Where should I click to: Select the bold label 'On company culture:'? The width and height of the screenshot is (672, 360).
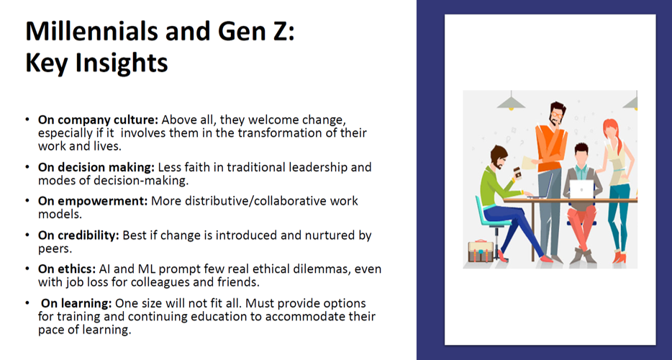pos(98,120)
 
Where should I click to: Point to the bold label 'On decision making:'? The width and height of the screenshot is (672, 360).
pos(96,167)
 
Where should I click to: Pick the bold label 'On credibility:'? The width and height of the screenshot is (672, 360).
pos(78,235)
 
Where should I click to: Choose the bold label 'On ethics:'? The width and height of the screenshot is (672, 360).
pos(67,269)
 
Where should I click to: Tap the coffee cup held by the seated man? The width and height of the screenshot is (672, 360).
pos(517,173)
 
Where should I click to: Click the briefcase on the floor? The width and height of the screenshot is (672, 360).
pos(481,251)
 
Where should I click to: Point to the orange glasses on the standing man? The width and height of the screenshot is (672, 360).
pos(556,114)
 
